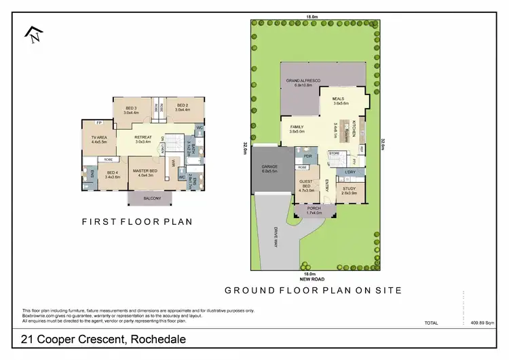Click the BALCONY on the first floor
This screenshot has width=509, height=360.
click(153, 198)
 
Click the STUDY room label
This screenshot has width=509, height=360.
click(349, 191)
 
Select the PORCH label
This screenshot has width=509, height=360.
click(314, 210)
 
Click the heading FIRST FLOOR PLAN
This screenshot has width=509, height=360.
click(137, 221)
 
